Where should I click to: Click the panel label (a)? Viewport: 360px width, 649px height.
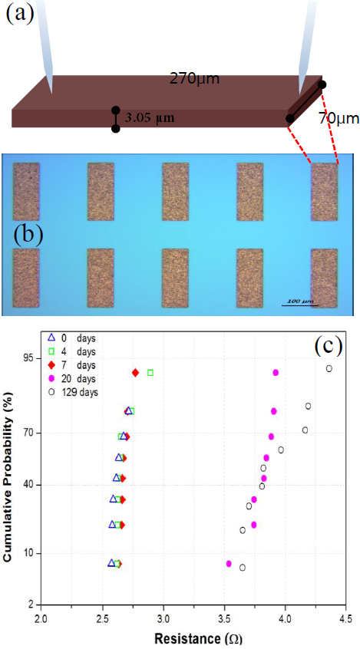[20, 13]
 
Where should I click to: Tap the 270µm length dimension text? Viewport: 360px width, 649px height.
[195, 78]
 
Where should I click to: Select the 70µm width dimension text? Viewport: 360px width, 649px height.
[339, 120]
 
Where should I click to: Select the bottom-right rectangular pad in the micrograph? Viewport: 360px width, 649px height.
[323, 278]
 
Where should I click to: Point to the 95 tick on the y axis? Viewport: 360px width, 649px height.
[30, 358]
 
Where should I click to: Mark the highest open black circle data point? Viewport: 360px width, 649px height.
[329, 368]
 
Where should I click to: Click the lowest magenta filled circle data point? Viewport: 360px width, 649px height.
[229, 563]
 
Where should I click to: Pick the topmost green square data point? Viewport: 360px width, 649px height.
[150, 372]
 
